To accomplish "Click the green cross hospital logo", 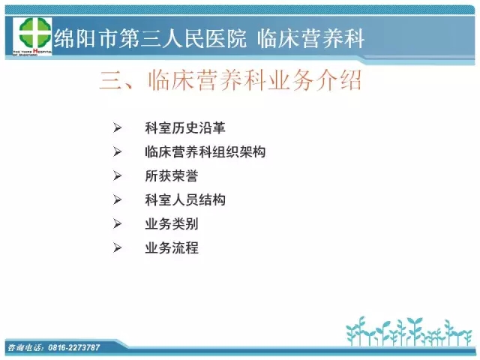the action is (34, 33).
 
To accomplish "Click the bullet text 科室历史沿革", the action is (185, 128).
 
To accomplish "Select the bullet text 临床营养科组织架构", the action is (205, 151).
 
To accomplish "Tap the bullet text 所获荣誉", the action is (172, 175).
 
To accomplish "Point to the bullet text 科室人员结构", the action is (185, 200).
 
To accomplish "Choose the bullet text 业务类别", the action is (172, 223).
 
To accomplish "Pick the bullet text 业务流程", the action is (172, 248).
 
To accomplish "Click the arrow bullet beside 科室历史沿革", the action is (117, 127).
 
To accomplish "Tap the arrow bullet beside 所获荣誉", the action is (117, 175).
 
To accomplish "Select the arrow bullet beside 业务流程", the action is (117, 247).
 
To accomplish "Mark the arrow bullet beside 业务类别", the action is (117, 223).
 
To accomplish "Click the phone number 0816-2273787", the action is (74, 347).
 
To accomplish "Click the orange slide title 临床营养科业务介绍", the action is (255, 80).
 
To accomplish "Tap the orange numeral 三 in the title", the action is (110, 80).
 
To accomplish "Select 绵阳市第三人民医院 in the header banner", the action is (150, 38).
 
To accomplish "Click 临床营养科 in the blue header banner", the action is (310, 38).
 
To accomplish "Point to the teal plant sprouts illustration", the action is (409, 331).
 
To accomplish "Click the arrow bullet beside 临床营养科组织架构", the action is (117, 151).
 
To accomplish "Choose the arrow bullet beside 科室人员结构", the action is (117, 200).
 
